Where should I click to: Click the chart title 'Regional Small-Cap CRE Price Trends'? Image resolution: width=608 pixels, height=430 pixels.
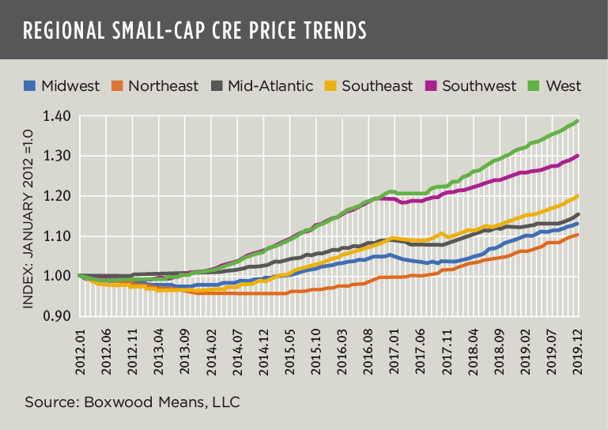[x=194, y=30]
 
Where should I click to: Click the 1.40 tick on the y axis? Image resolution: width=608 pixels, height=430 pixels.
[x=58, y=116]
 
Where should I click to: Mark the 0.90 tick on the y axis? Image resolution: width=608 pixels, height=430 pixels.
[x=58, y=316]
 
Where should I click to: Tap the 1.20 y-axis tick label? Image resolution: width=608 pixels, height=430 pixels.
[x=58, y=196]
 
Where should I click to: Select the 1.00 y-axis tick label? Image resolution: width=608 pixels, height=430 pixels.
[x=58, y=276]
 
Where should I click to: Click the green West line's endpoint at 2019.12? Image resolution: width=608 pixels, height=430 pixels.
[x=578, y=121]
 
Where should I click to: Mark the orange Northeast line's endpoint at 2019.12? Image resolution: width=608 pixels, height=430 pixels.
[x=578, y=235]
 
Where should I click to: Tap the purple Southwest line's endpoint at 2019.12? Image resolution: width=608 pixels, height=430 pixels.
[x=578, y=156]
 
